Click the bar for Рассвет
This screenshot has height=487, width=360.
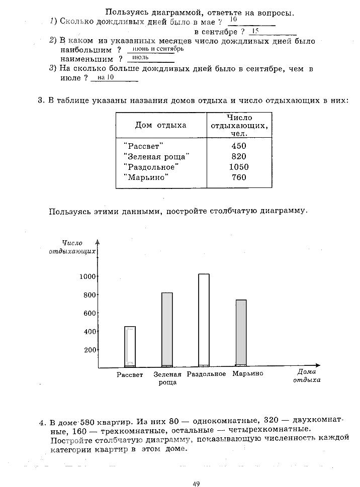point(130,347)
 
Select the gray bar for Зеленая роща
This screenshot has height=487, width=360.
point(167,330)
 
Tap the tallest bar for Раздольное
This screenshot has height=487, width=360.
point(204,320)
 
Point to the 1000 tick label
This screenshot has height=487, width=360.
point(87,276)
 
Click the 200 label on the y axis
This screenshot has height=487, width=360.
point(90,350)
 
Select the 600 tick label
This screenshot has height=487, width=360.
point(89,313)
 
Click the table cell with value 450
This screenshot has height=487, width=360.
point(239,146)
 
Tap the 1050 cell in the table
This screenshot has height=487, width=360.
point(239,167)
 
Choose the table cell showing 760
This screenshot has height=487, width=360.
point(239,177)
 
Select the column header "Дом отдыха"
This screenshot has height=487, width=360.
point(160,125)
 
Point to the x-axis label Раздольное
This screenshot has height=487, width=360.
point(206,374)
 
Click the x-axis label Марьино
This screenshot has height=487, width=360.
point(248,374)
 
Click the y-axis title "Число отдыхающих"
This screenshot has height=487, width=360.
point(72,247)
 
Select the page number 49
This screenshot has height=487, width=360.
point(196,483)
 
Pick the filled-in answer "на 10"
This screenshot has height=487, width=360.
point(106,77)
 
